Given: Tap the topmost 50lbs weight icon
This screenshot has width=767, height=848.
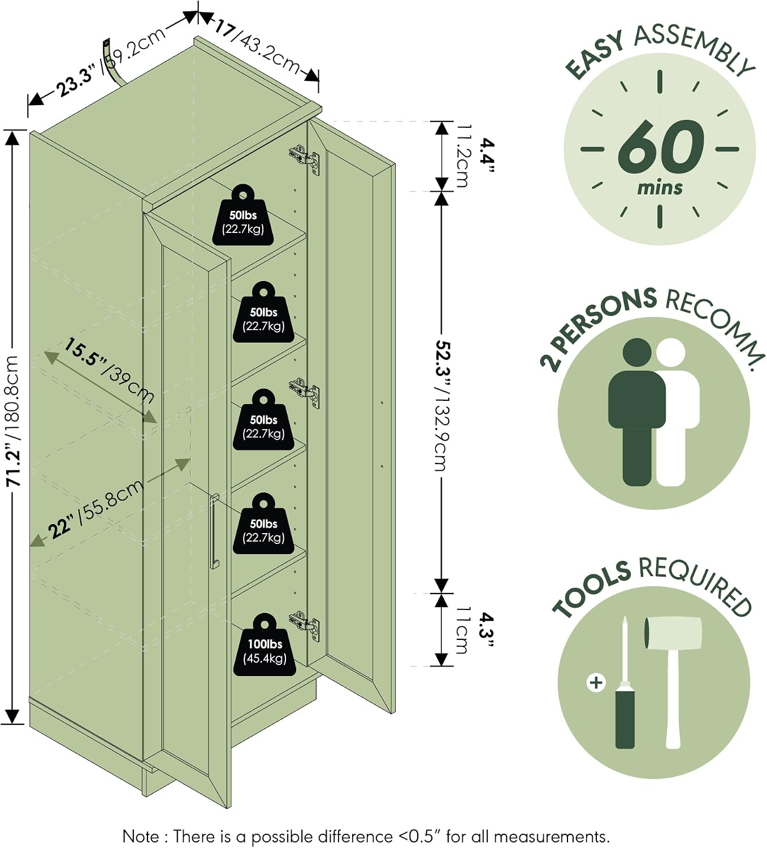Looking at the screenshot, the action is click(243, 215).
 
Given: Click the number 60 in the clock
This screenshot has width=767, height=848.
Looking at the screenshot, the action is click(661, 147).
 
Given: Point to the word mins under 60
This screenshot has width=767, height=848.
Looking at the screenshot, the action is click(660, 188).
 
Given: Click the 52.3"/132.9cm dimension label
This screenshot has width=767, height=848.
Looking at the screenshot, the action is click(441, 405).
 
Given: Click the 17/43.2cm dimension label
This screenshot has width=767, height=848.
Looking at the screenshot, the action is click(257, 46).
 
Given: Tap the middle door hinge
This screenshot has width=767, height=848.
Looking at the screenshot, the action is click(305, 393).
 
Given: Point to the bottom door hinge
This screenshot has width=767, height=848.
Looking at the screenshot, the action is click(305, 626).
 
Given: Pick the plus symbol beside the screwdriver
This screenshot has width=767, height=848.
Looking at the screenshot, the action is click(596, 683).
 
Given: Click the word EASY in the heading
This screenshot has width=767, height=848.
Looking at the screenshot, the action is click(595, 56).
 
